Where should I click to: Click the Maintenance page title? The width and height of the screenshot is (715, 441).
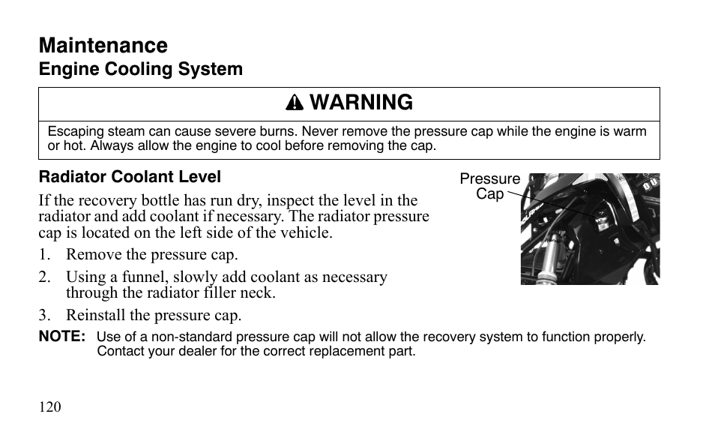pyautogui.click(x=103, y=45)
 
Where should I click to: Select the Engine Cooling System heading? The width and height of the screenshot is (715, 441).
pyautogui.click(x=141, y=69)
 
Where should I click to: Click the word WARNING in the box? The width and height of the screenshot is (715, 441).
pyautogui.click(x=361, y=103)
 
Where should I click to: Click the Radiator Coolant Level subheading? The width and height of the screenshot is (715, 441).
pyautogui.click(x=130, y=177)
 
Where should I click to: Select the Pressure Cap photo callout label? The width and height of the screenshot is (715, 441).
pyautogui.click(x=489, y=185)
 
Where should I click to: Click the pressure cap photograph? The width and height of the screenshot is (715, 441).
pyautogui.click(x=590, y=229)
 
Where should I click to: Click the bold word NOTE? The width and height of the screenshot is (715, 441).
pyautogui.click(x=62, y=337)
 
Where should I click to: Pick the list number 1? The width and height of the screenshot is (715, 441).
pyautogui.click(x=44, y=254)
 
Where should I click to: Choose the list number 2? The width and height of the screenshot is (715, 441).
pyautogui.click(x=44, y=277)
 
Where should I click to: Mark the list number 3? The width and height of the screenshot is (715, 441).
pyautogui.click(x=44, y=315)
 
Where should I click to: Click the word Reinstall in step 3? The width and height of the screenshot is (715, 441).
pyautogui.click(x=93, y=315)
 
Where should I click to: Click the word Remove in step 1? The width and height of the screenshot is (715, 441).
pyautogui.click(x=89, y=254)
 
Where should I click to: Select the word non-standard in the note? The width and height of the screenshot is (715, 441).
pyautogui.click(x=179, y=337)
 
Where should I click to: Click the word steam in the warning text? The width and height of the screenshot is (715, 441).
pyautogui.click(x=125, y=131)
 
